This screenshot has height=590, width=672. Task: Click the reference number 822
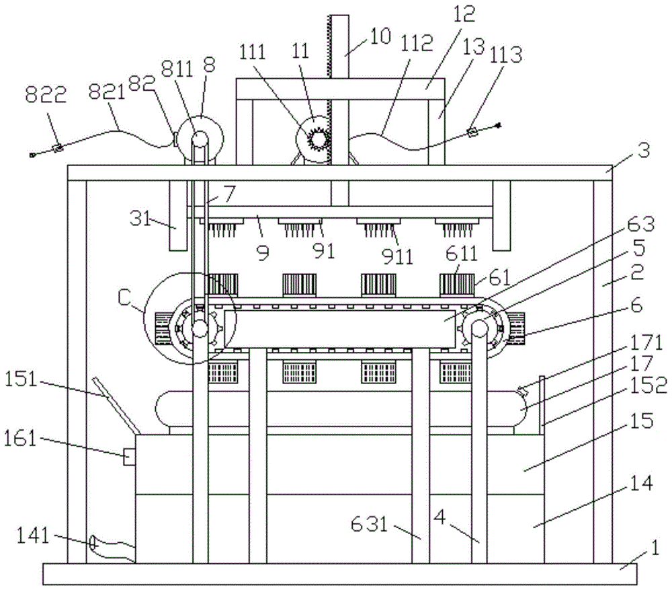pos(46,95)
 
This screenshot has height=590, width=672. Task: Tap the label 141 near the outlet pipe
pos(34,536)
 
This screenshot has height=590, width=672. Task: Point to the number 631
pos(369,524)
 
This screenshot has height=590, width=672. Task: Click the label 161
pos(20,439)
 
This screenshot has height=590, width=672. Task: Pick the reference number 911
pos(397,256)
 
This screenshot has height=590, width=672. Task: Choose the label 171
pos(646,342)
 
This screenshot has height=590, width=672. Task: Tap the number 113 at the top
pos(505,55)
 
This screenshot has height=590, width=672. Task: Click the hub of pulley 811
pos(200,139)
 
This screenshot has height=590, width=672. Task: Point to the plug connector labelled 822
pos(57,148)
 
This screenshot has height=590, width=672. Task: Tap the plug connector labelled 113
pos(472,132)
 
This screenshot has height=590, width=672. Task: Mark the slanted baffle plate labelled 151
pos(116,405)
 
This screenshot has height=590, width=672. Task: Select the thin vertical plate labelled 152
pos(542,405)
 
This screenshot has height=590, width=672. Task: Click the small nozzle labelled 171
pos(522,392)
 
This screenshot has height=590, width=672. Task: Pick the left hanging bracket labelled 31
pos(178,215)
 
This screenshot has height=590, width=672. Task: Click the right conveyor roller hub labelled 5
pos(480,329)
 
